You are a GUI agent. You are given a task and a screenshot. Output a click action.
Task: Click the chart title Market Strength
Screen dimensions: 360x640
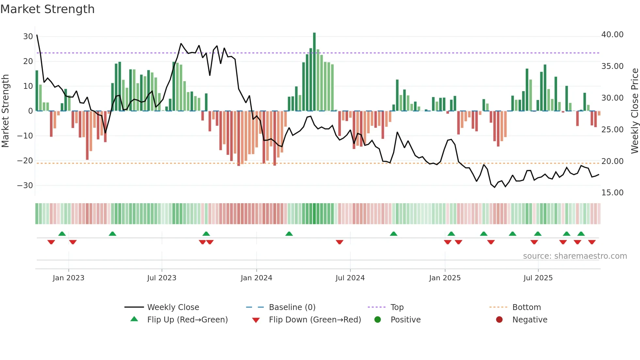click(x=47, y=9)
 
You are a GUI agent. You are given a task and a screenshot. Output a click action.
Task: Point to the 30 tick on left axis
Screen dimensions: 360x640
click(x=28, y=37)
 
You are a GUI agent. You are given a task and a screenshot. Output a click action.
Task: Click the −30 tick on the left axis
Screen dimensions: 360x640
click(x=25, y=186)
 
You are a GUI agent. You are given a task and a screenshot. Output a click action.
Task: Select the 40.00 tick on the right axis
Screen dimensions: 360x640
click(x=612, y=35)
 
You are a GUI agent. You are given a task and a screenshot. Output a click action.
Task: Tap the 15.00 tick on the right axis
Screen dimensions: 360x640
click(x=612, y=193)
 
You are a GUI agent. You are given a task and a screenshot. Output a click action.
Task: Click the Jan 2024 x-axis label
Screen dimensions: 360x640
click(x=256, y=278)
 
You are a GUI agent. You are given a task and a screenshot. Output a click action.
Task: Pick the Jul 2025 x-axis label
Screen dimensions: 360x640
click(x=538, y=278)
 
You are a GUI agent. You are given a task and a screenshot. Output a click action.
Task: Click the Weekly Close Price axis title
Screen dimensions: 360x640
click(x=634, y=111)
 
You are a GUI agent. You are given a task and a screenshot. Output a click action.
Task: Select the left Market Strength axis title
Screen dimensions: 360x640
click(x=5, y=111)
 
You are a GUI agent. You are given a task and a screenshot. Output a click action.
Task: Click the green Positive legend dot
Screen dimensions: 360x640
click(x=378, y=320)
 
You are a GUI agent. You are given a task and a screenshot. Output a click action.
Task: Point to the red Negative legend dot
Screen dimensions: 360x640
click(x=499, y=320)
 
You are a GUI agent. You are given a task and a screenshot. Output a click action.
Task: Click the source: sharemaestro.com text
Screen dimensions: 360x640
click(x=575, y=256)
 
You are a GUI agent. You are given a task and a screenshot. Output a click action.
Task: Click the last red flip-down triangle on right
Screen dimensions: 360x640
click(x=592, y=242)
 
